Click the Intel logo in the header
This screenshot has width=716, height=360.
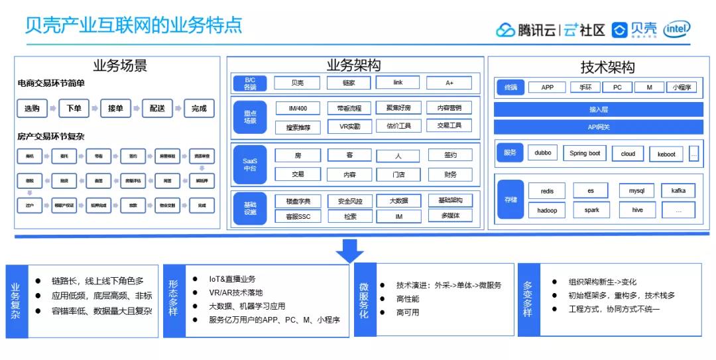(x=678, y=29)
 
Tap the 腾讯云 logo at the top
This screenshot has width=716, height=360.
(x=525, y=30)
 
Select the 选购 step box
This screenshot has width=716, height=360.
(x=32, y=108)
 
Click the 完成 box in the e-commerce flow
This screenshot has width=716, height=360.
(x=198, y=108)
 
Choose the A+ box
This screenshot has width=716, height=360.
(x=449, y=83)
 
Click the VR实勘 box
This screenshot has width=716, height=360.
(x=349, y=126)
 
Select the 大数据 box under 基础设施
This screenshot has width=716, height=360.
(x=398, y=200)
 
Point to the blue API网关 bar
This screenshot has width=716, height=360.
(x=598, y=127)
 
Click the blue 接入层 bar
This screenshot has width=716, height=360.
(x=598, y=109)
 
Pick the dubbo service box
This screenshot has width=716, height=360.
(x=543, y=153)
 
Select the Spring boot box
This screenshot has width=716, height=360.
(x=585, y=153)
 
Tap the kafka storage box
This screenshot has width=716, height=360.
(x=678, y=191)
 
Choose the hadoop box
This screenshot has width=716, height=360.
(x=547, y=210)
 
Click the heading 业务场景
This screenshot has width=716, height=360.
(x=120, y=66)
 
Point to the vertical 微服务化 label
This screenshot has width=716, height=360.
(x=365, y=300)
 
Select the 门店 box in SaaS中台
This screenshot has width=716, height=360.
(x=398, y=174)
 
